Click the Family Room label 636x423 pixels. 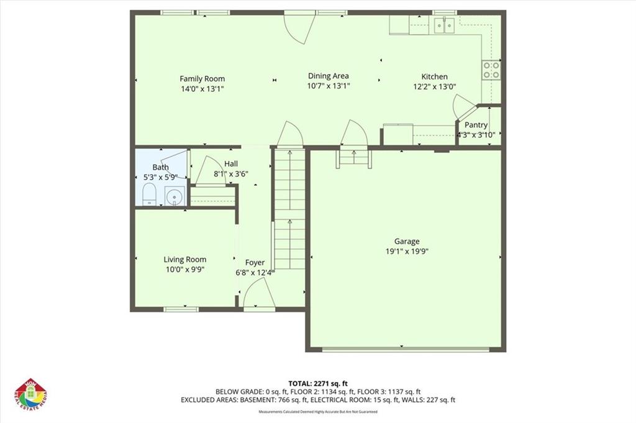click(202, 79)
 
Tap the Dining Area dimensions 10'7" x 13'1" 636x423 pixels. click(329, 86)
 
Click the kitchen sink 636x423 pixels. click(443, 25)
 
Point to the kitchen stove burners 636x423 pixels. click(491, 70)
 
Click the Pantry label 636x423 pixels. click(476, 125)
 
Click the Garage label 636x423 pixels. click(407, 242)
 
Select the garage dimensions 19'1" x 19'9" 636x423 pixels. click(407, 252)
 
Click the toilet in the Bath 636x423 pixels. click(149, 196)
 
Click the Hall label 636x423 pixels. click(231, 163)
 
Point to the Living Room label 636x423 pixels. click(185, 260)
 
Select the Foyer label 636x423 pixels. click(255, 263)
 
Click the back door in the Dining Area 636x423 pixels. click(297, 28)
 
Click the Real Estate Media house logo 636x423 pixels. click(31, 396)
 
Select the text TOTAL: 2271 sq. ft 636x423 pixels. click(317, 383)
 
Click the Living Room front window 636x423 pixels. click(181, 309)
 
